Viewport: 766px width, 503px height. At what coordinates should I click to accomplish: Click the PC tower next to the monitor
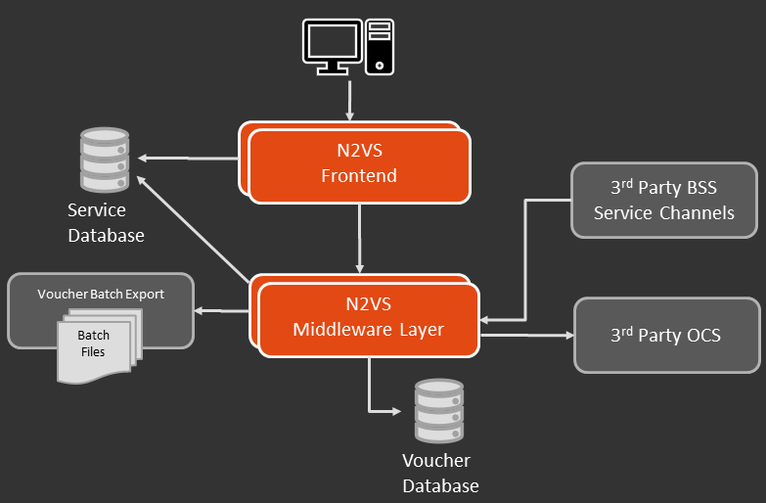tap(380, 46)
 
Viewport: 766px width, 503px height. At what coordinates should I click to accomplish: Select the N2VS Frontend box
tap(359, 163)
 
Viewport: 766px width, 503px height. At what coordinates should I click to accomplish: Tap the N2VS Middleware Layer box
tap(368, 317)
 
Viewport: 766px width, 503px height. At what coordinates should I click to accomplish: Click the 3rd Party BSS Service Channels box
tap(663, 201)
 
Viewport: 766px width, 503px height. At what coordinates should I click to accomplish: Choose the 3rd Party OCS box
tap(666, 336)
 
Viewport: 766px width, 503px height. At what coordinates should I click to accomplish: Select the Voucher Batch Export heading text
tap(101, 294)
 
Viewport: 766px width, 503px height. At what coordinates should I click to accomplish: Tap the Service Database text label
tap(106, 223)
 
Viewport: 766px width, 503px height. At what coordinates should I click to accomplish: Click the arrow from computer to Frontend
tap(348, 98)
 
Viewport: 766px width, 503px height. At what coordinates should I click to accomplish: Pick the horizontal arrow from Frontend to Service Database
tap(190, 158)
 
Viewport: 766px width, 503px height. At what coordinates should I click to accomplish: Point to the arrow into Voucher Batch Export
tap(221, 311)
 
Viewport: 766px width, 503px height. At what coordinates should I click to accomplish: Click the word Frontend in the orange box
tap(359, 176)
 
